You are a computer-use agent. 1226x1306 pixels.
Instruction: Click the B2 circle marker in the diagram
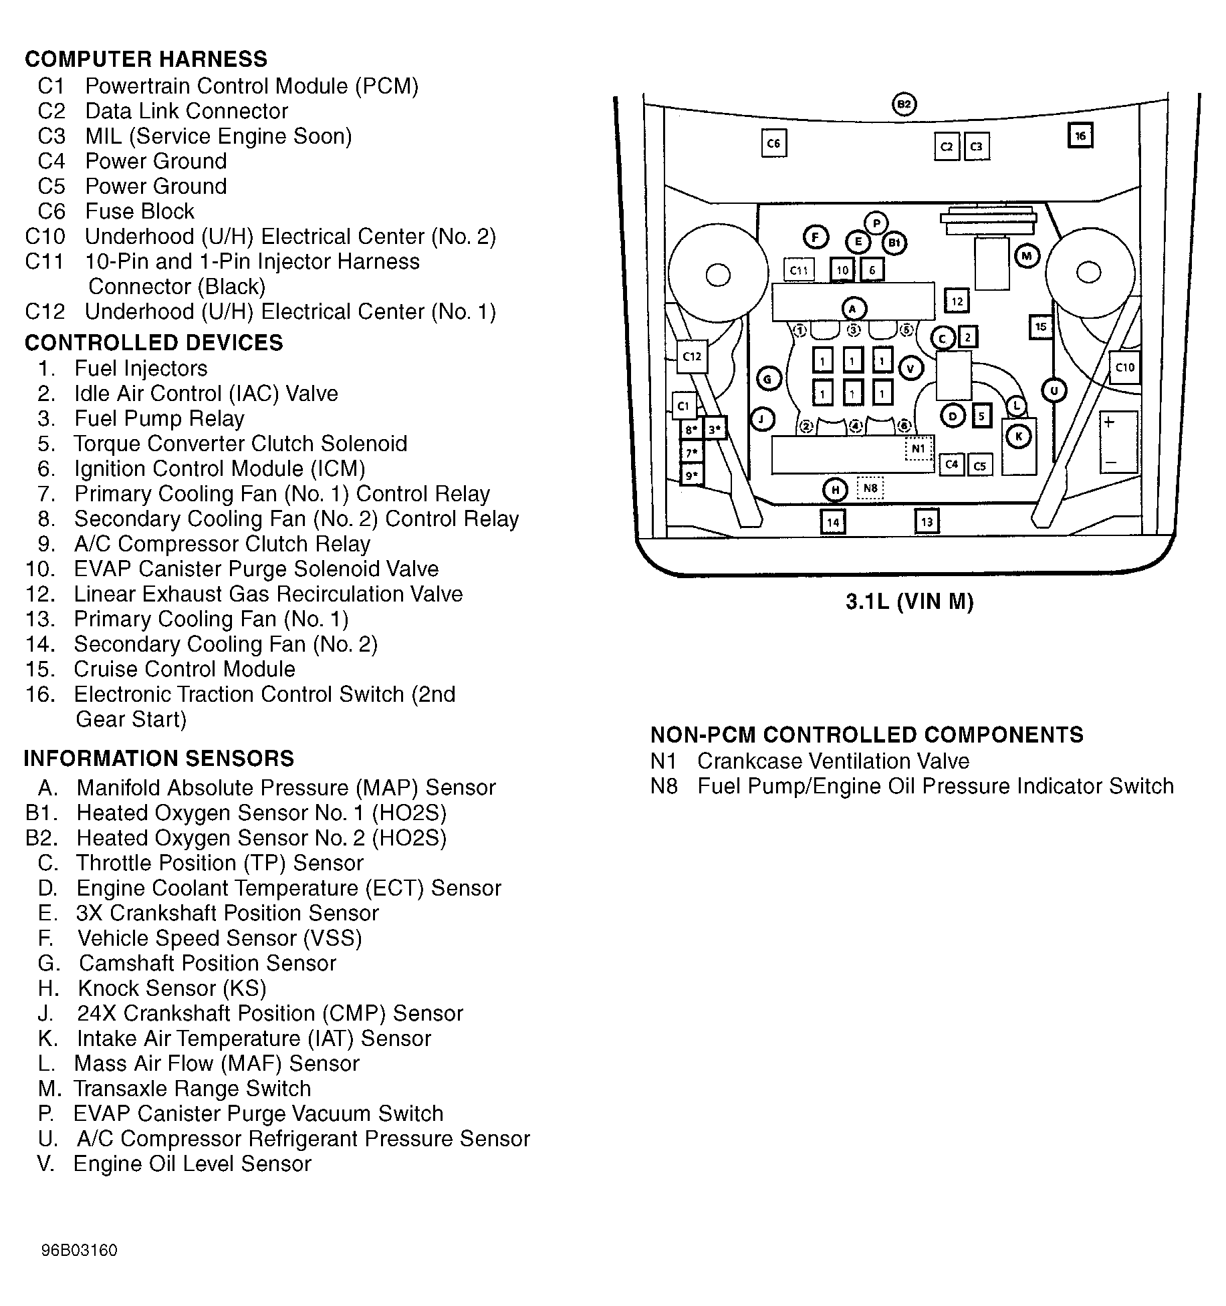pyautogui.click(x=904, y=104)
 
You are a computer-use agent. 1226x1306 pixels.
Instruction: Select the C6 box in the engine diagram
pyautogui.click(x=773, y=143)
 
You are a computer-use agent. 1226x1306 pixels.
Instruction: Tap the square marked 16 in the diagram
pyautogui.click(x=1080, y=136)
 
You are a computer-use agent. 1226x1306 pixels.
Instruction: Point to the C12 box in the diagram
pyautogui.click(x=691, y=356)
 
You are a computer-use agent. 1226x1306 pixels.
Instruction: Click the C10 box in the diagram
pyautogui.click(x=1124, y=367)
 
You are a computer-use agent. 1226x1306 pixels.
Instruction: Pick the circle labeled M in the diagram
pyautogui.click(x=1027, y=255)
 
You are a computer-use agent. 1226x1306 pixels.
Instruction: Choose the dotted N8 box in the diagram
pyautogui.click(x=870, y=488)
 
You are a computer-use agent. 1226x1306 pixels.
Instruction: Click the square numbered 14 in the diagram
pyautogui.click(x=833, y=522)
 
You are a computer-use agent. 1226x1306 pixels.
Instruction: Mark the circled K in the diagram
pyautogui.click(x=1019, y=436)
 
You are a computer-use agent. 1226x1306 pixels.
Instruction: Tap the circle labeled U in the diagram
pyautogui.click(x=1054, y=390)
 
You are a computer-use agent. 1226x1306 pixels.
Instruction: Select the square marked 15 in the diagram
pyautogui.click(x=1041, y=327)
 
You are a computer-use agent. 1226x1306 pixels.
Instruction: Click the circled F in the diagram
pyautogui.click(x=816, y=237)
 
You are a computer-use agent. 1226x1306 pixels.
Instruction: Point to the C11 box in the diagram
pyautogui.click(x=799, y=270)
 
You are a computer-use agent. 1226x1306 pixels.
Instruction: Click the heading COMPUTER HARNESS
pyautogui.click(x=146, y=59)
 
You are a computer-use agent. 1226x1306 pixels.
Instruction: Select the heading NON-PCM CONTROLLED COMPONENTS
pyautogui.click(x=866, y=735)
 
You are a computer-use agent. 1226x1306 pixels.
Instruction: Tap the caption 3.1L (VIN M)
pyautogui.click(x=909, y=602)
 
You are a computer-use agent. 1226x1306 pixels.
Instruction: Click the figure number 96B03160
pyautogui.click(x=79, y=1251)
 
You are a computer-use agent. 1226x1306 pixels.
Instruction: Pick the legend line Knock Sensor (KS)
pyautogui.click(x=172, y=988)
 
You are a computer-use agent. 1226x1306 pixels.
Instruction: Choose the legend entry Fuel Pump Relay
pyautogui.click(x=159, y=418)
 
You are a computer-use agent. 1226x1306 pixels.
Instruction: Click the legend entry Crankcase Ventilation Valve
pyautogui.click(x=833, y=761)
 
